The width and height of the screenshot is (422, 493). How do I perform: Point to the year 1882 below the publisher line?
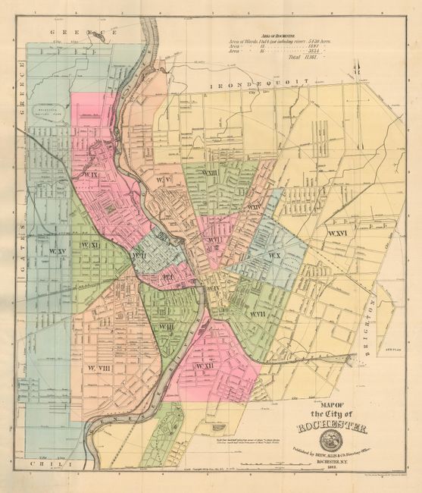pos(330,476)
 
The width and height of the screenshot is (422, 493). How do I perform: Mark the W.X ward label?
pos(273,256)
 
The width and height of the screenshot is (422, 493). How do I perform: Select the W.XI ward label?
pos(91,246)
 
